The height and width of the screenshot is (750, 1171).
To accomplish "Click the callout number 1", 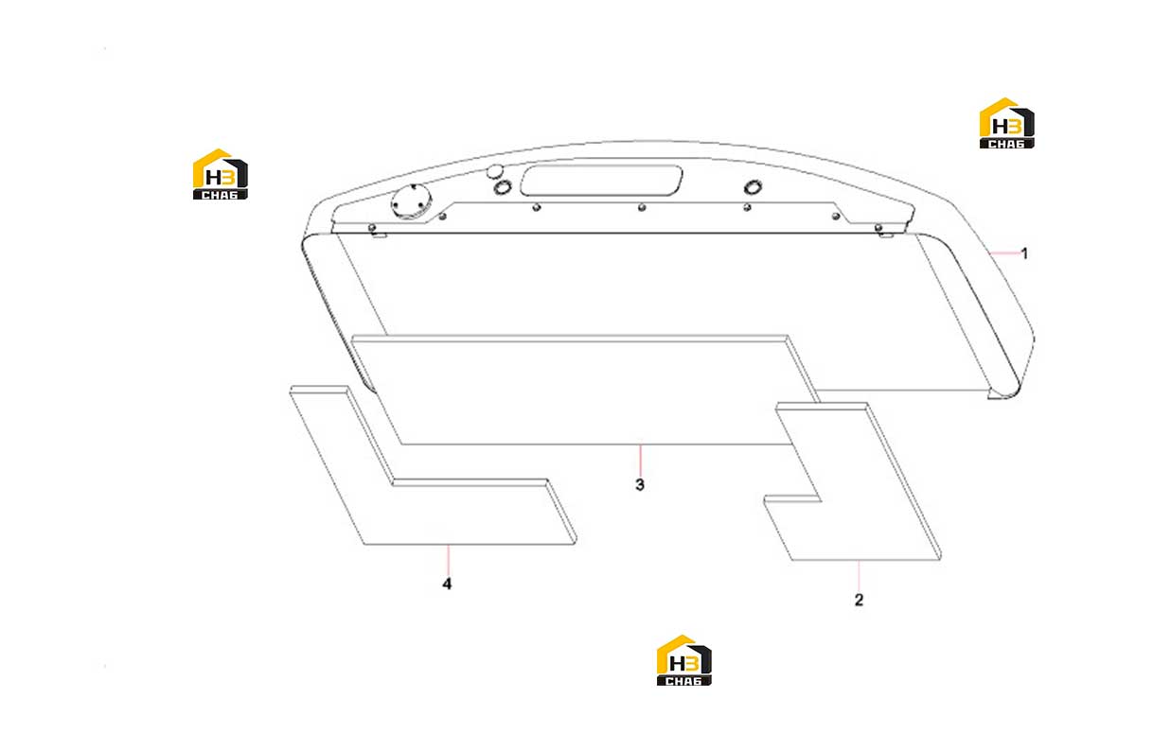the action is click(x=1024, y=253).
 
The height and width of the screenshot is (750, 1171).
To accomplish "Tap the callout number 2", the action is click(x=859, y=600).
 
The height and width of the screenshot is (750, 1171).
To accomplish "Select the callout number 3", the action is click(x=640, y=484).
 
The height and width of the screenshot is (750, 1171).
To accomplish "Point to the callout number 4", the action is click(x=447, y=584).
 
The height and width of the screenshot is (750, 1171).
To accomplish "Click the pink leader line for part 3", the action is click(x=640, y=460).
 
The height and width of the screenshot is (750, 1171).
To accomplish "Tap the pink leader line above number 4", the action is click(x=448, y=559).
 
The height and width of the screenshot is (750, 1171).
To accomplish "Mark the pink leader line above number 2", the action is click(x=859, y=575).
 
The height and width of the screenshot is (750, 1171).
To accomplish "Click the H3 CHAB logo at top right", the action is click(x=1006, y=123).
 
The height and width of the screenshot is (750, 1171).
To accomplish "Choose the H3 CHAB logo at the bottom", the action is click(x=683, y=660).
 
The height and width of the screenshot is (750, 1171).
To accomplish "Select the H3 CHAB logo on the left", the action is click(x=220, y=174).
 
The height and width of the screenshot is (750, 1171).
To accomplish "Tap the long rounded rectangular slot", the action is click(x=601, y=181).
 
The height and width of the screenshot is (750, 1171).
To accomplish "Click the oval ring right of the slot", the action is click(x=753, y=187).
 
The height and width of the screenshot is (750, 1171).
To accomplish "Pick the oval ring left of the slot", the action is click(x=503, y=187).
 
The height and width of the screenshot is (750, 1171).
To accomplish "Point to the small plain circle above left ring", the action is click(x=494, y=171).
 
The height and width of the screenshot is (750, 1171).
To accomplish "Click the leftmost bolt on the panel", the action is click(x=372, y=227).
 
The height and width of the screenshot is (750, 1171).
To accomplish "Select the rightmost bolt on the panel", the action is click(x=878, y=228).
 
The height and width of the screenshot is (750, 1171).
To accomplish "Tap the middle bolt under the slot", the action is click(x=642, y=207).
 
